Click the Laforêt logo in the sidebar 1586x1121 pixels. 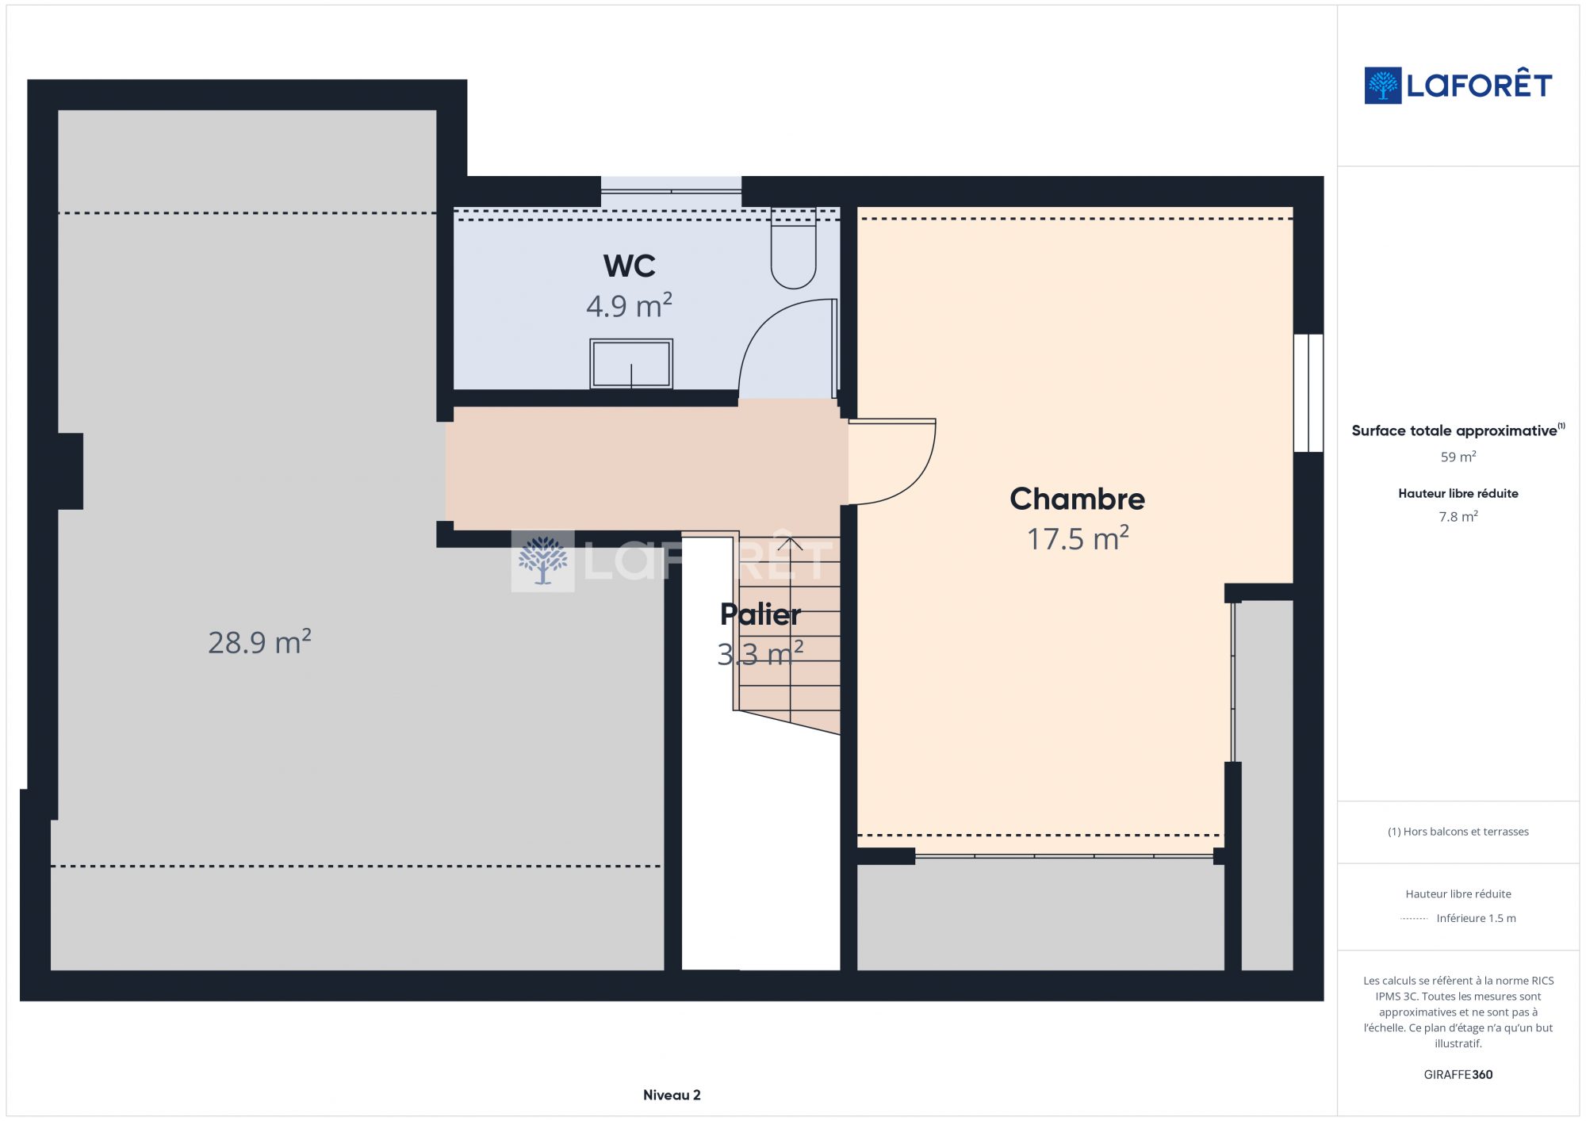(1458, 85)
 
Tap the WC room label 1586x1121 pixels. (630, 266)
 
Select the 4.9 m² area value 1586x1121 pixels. (629, 305)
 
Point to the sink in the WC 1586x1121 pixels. (631, 364)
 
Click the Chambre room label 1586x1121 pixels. (1077, 499)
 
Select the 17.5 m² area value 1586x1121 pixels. (1078, 538)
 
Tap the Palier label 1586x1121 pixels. (760, 614)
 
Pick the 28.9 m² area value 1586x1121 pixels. (259, 642)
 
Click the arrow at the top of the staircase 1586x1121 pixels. (790, 545)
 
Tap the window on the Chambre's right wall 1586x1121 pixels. (1308, 392)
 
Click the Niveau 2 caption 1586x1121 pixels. (672, 1095)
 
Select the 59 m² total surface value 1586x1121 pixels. (1458, 457)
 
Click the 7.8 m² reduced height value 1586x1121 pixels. (1458, 516)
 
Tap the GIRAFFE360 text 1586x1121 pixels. (1458, 1074)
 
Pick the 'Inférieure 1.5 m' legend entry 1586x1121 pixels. (1476, 918)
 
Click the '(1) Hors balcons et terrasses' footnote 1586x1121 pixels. (1458, 832)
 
